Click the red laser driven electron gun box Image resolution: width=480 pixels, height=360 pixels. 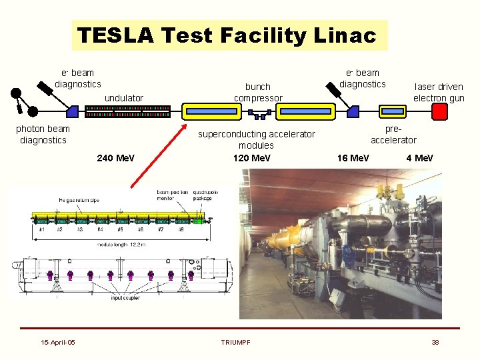point(439,111)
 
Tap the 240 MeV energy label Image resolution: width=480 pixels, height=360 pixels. point(115,158)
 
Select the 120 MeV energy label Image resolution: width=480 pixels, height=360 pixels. point(252,158)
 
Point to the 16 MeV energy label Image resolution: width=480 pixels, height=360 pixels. point(353,158)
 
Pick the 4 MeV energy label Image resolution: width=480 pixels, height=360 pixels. point(419,158)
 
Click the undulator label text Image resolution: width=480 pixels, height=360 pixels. point(124,98)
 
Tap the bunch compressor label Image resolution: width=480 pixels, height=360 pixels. point(258,92)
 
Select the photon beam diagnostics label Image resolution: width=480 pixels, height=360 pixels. point(43,134)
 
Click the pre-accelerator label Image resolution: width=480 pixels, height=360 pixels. point(393,134)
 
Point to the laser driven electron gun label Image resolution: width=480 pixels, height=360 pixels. point(439,92)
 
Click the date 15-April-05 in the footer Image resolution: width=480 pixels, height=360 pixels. point(58,343)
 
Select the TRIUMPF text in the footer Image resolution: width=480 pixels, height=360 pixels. point(236,343)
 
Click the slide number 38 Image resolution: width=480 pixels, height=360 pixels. point(435,343)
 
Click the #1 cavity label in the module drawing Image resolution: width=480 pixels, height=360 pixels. point(41,229)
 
